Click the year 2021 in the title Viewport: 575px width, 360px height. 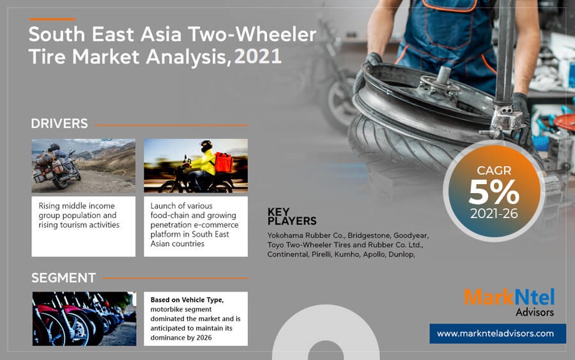coord(258,56)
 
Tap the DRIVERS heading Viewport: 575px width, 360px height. coord(59,123)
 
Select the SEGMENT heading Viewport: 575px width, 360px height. coord(63,278)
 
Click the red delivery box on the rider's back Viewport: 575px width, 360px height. coord(224,162)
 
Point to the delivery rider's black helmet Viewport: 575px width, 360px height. coord(206,145)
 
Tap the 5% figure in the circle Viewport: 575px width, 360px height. coord(494,192)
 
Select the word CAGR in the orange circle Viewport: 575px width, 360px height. coord(494,170)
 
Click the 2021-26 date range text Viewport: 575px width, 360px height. coord(494,214)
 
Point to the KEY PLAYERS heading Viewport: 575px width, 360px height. coord(292,216)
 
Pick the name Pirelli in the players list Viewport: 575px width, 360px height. coord(321,254)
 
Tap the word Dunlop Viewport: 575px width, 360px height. coord(402,254)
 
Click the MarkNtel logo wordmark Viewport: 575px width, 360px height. coord(509,297)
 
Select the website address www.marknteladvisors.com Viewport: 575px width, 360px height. coord(495,333)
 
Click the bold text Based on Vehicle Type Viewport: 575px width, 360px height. coord(187,300)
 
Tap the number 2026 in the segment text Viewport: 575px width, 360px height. coord(204,338)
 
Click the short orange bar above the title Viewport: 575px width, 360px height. coord(52,19)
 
